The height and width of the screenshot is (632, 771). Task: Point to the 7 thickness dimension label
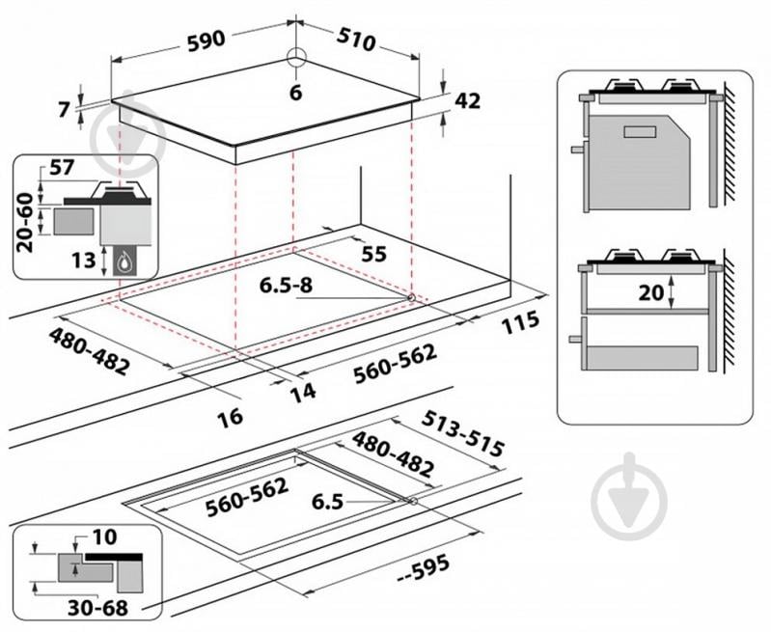[x=65, y=110]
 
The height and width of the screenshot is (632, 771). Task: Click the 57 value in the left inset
[x=62, y=168]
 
